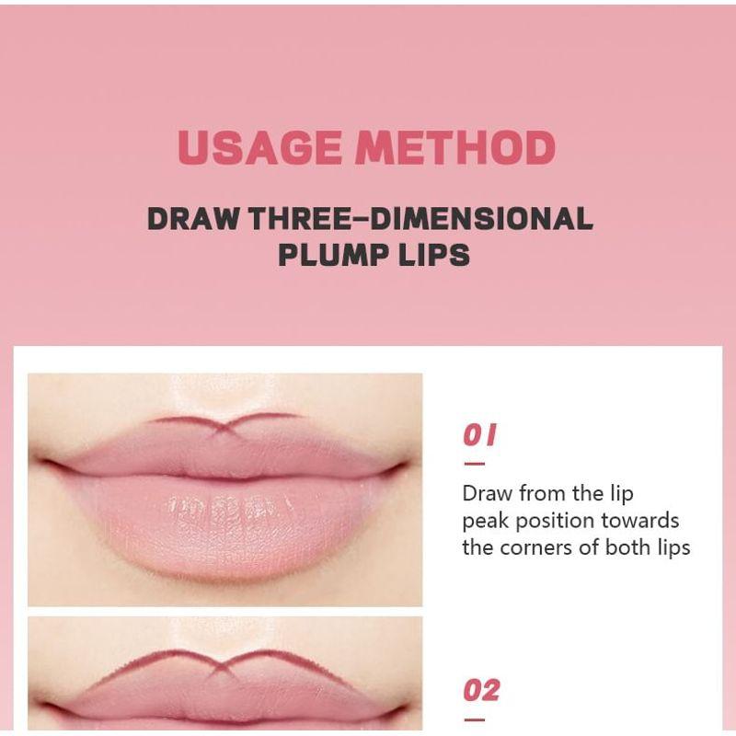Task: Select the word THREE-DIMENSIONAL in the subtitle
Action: [x=420, y=219]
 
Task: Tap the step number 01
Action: [x=479, y=434]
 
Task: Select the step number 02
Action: [x=481, y=689]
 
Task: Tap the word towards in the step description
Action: [x=640, y=521]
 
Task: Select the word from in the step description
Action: [x=543, y=494]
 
